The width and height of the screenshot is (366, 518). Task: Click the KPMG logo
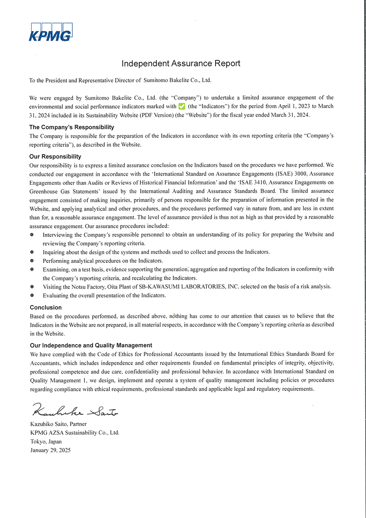click(50, 32)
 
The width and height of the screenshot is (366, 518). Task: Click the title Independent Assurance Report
click(181, 64)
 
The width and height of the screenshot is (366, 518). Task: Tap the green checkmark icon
click(182, 106)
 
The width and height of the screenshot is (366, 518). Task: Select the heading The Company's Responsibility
click(72, 127)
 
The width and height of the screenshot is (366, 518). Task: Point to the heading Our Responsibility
click(55, 157)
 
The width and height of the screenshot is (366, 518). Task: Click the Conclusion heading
click(46, 307)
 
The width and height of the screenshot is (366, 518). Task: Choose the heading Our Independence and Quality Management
click(91, 345)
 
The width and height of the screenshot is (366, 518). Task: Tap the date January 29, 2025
click(50, 450)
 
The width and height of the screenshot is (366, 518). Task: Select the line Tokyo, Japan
click(46, 442)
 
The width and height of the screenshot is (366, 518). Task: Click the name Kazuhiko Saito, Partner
click(58, 424)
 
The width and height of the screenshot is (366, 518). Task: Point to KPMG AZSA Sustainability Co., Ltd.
click(75, 433)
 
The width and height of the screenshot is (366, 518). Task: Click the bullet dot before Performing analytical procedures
click(32, 260)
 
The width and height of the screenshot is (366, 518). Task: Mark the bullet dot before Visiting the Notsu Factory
click(32, 287)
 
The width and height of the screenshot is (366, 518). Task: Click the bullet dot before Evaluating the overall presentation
click(32, 295)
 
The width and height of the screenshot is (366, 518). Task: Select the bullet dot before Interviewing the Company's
click(32, 234)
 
